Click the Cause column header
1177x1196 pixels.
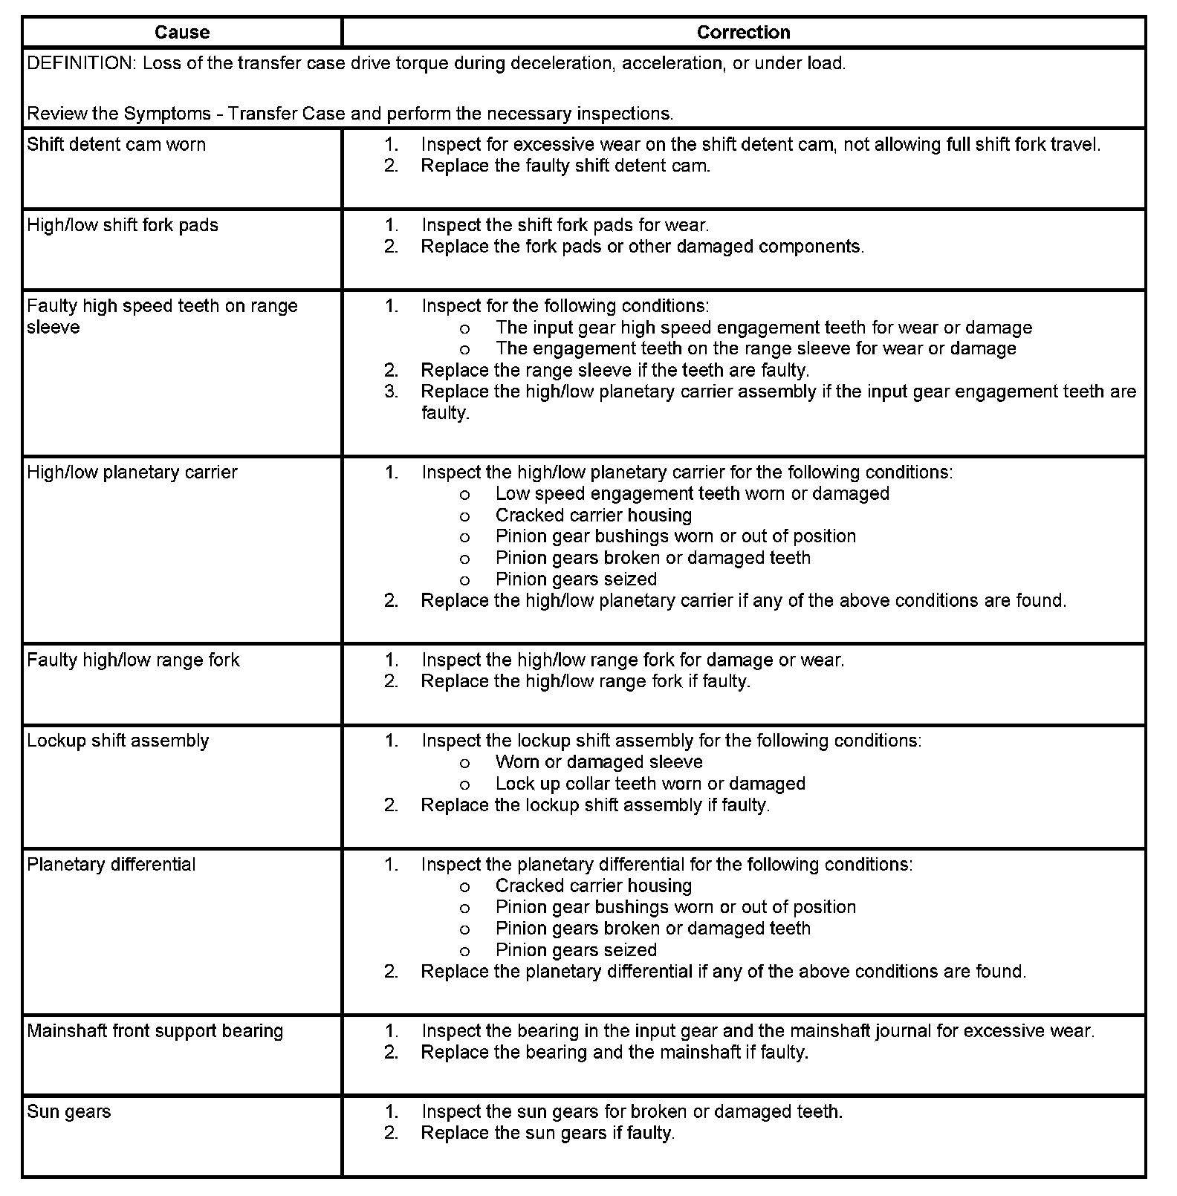pyautogui.click(x=182, y=33)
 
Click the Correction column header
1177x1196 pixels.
pyautogui.click(x=743, y=33)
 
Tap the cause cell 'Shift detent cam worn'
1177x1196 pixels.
pyautogui.click(x=117, y=145)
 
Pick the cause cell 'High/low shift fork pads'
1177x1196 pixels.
pyautogui.click(x=123, y=226)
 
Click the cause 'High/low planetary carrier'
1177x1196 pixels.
pyautogui.click(x=132, y=472)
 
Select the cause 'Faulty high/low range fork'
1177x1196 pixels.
pyautogui.click(x=133, y=660)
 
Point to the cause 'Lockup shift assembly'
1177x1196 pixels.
pyautogui.click(x=118, y=741)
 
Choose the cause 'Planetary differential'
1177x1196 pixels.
pyautogui.click(x=111, y=865)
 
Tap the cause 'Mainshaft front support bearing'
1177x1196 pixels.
pyautogui.click(x=155, y=1031)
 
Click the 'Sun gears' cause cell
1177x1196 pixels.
pyautogui.click(x=69, y=1112)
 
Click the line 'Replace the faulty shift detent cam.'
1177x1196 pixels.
pyautogui.click(x=565, y=166)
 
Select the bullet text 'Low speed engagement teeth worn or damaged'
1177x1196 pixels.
pyautogui.click(x=692, y=494)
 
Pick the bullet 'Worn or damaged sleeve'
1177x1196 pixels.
pyautogui.click(x=599, y=762)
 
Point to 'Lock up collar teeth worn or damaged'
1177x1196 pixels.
pyautogui.click(x=650, y=784)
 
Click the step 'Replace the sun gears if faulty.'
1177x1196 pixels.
pyautogui.click(x=548, y=1134)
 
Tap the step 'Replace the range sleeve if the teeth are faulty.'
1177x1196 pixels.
pyautogui.click(x=615, y=370)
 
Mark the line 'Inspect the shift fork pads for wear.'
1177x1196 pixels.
pyautogui.click(x=565, y=225)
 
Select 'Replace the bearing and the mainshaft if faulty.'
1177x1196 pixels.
pyautogui.click(x=615, y=1053)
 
